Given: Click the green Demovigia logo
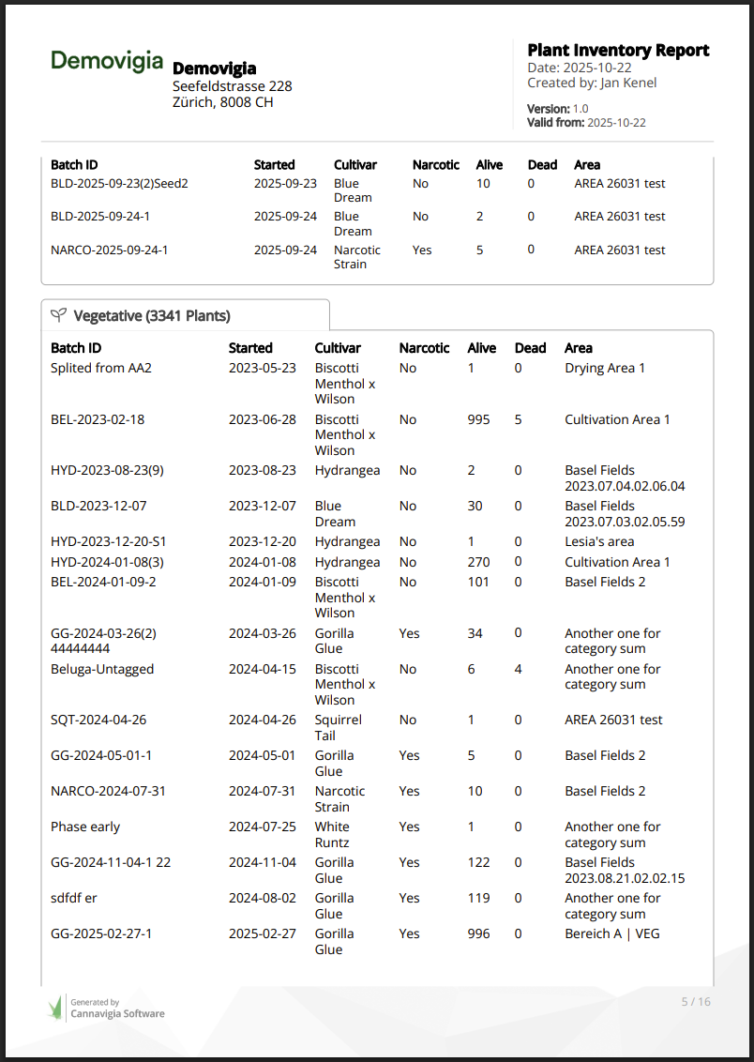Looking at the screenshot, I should pos(106,61).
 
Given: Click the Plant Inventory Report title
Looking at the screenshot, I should pos(617,51).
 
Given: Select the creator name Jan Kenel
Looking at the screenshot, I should pos(628,83).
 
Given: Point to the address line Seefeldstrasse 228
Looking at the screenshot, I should pos(232,86).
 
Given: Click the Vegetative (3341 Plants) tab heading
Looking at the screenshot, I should pos(152,316).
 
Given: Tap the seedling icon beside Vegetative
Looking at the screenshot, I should pos(58,316).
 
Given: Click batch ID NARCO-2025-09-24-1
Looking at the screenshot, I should pos(109,250).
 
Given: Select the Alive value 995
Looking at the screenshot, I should pos(478,419).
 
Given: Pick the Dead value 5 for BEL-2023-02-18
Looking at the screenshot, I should pos(518,419).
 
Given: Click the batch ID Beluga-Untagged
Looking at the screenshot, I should pos(102,669).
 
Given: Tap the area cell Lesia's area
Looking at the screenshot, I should pos(599,541).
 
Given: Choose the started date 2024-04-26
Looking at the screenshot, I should pos(262,720).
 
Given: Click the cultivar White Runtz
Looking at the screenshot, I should pos(332,834).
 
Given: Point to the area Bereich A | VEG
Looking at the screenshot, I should pos(611,933).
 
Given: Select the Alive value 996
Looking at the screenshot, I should pos(478,933).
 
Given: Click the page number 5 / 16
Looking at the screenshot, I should pos(695,1001).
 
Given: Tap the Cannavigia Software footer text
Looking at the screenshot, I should pos(117,1013).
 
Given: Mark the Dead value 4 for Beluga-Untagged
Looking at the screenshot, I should pos(518,669).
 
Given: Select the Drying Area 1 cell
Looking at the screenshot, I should pos(605,368).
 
